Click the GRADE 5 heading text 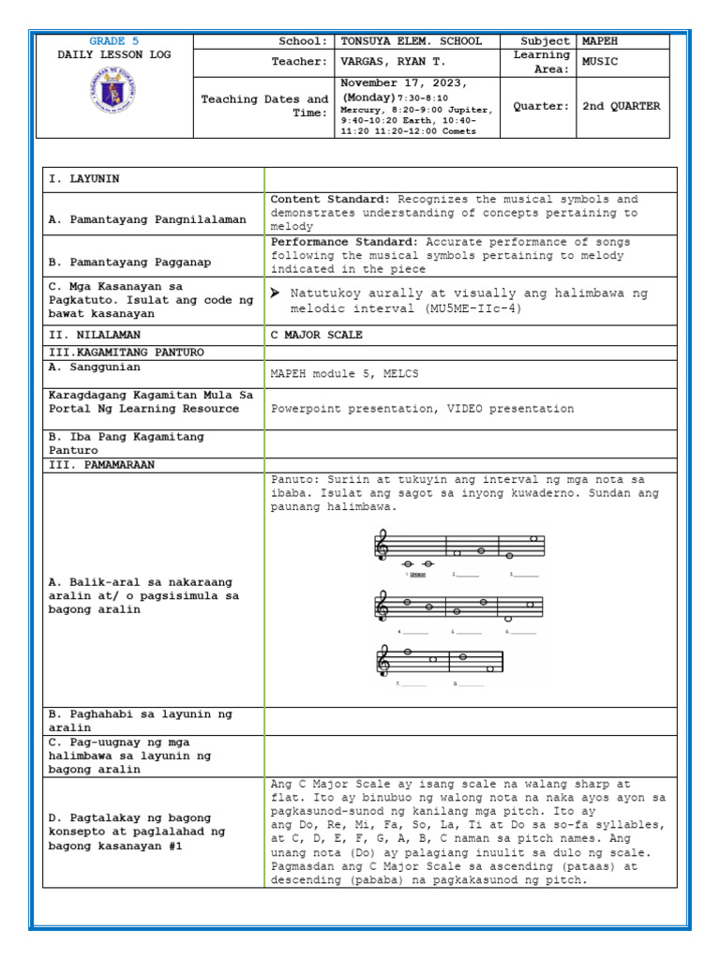click(114, 41)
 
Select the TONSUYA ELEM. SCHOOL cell click(412, 41)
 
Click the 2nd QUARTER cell click(621, 106)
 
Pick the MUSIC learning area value click(601, 62)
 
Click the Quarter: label click(541, 106)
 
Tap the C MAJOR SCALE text click(317, 335)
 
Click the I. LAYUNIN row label click(85, 179)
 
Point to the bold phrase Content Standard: click(331, 200)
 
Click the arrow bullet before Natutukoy click(275, 293)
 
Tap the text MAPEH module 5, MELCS click(344, 373)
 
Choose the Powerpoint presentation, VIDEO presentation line click(422, 409)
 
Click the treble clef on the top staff click(382, 547)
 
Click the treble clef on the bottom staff click(382, 661)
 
